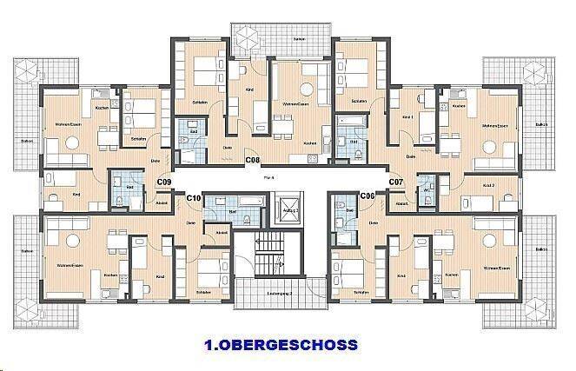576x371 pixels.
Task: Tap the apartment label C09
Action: pos(163,182)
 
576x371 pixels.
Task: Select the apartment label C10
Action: pos(194,199)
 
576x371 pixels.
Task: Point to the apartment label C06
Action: pos(367,196)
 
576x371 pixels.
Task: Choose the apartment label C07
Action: pos(396,182)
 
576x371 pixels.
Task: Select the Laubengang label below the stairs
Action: pos(279,293)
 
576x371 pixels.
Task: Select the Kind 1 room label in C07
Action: pos(407,116)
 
